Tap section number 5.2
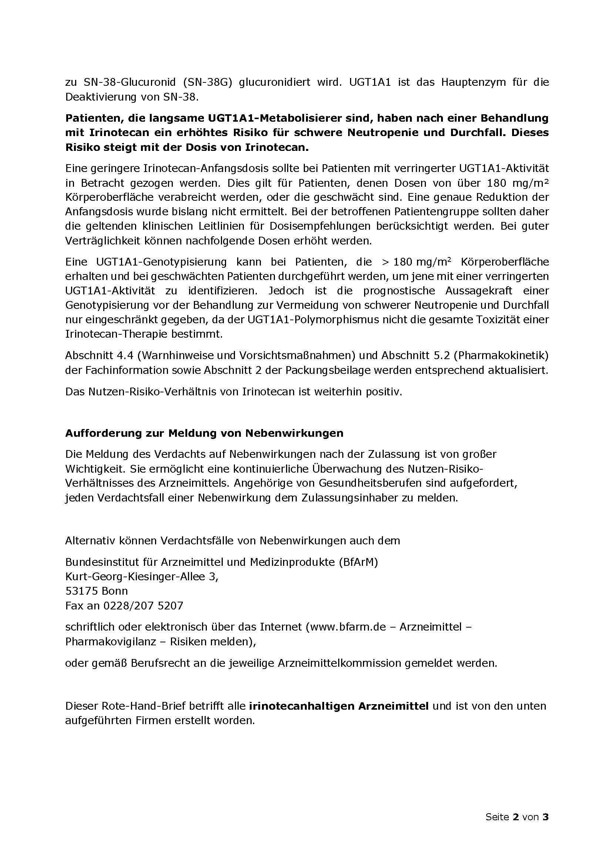click(441, 355)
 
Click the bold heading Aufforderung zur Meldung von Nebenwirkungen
click(204, 433)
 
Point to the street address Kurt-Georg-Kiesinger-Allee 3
click(141, 577)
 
